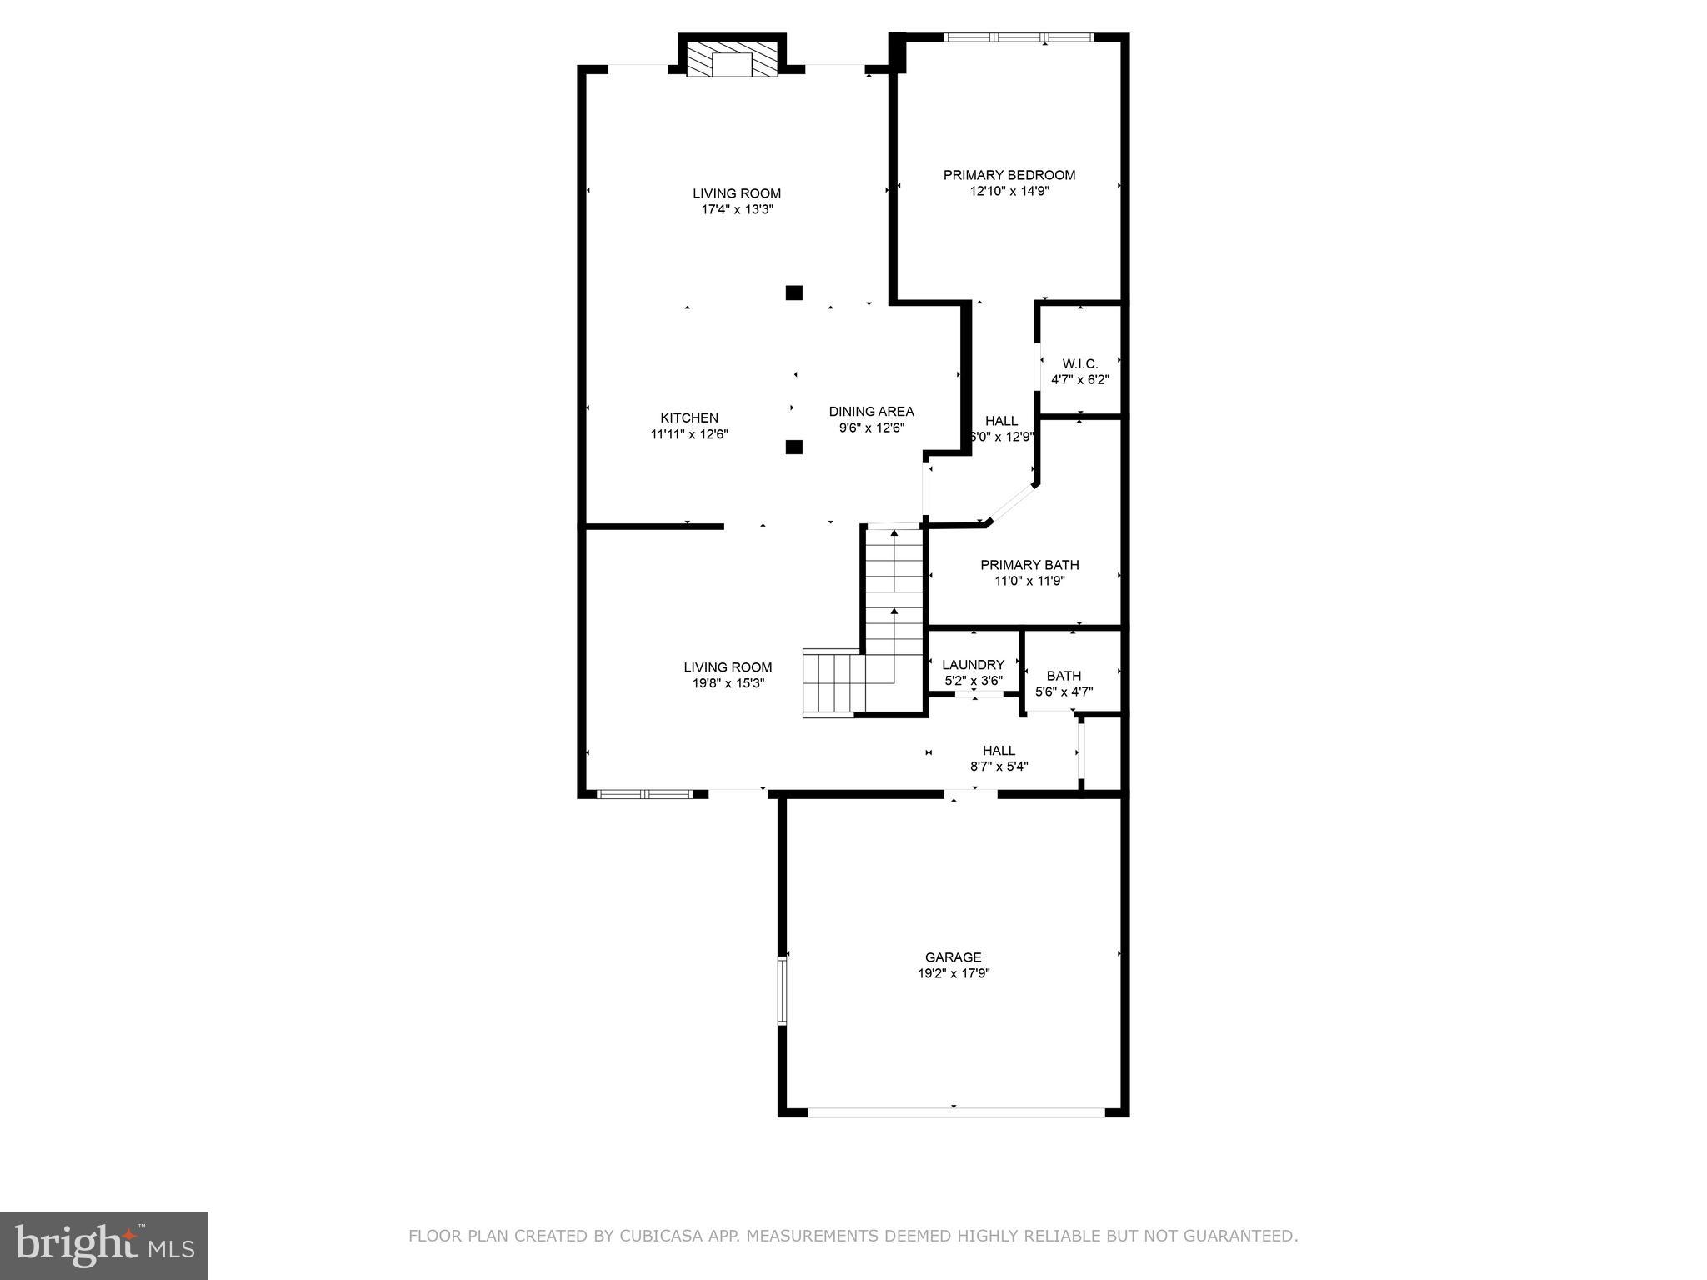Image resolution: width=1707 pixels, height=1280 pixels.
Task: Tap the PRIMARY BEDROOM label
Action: tap(1009, 175)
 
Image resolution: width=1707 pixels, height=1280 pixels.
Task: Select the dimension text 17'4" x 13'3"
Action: tap(737, 210)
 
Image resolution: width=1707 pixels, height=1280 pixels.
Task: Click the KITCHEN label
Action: tap(689, 418)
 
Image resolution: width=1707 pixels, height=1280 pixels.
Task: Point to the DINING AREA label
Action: tap(871, 412)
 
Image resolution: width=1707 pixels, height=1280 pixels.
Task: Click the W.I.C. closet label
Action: tap(1079, 364)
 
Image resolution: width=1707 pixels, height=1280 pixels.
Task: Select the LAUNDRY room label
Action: tap(973, 665)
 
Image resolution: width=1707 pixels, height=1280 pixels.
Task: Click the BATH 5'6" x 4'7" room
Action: tap(1064, 677)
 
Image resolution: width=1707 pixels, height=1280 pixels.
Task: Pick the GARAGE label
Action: tap(953, 957)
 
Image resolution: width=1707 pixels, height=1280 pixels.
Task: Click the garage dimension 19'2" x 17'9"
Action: tap(954, 973)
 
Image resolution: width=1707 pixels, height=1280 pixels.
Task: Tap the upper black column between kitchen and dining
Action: tap(794, 292)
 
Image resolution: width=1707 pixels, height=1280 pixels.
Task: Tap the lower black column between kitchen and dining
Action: tap(794, 447)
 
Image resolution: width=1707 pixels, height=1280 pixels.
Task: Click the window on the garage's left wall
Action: tap(782, 990)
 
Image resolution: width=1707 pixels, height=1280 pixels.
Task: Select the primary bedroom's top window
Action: tap(1019, 37)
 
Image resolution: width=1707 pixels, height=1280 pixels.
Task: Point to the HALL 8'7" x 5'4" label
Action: tap(999, 751)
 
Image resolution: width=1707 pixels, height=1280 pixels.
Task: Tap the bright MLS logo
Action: tap(103, 1245)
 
